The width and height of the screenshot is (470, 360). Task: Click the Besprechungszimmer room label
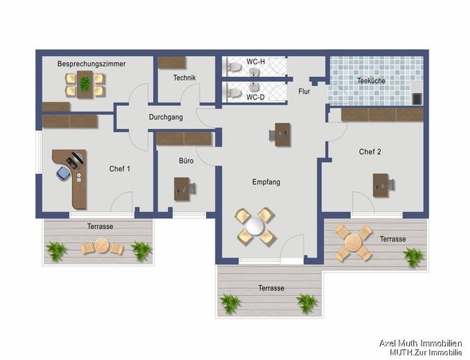[91, 64]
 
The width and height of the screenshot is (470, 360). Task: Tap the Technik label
[184, 78]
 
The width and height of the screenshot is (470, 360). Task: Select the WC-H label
[255, 62]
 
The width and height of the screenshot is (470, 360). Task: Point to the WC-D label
[255, 97]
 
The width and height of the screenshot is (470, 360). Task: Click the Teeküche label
[371, 80]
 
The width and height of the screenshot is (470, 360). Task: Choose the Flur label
[304, 91]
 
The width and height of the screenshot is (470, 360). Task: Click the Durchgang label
[165, 117]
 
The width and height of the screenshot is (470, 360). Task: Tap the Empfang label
[266, 182]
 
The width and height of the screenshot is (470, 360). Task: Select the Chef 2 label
[370, 152]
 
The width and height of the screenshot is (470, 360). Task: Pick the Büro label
[186, 161]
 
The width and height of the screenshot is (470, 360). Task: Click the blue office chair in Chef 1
[63, 174]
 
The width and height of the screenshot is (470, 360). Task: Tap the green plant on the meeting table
[84, 84]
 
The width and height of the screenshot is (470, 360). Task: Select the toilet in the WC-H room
[235, 67]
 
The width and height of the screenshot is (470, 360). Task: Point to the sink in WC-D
[254, 87]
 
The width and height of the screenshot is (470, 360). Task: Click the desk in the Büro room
[182, 189]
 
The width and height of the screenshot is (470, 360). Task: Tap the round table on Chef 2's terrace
[354, 242]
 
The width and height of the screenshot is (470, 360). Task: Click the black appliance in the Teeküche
[417, 99]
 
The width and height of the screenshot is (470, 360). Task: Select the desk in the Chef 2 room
[381, 185]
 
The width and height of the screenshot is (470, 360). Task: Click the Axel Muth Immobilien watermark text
[421, 343]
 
